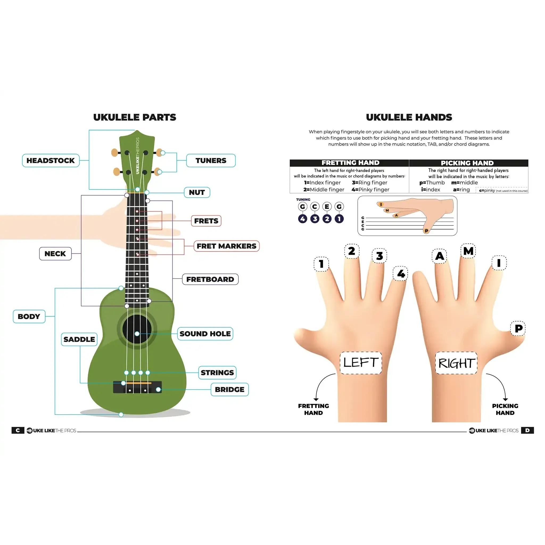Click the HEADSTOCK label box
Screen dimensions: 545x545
pos(51,160)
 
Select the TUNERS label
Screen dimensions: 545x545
pos(211,160)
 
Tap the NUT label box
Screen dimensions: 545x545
pos(197,192)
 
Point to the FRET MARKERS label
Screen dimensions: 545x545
pos(226,246)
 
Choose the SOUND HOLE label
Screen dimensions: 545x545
pos(205,334)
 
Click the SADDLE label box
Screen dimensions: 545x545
pos(79,339)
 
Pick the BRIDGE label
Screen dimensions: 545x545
pos(230,390)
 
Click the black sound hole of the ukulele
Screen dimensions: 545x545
pos(137,329)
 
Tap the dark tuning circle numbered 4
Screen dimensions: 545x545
pos(303,219)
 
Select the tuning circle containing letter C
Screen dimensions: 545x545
pos(315,207)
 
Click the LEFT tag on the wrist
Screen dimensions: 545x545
pos(361,363)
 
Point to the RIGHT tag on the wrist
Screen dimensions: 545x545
pos(456,363)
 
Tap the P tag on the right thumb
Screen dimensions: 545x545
pos(518,328)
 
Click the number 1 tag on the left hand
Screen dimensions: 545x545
pos(321,264)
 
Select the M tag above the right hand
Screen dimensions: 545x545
pos(468,251)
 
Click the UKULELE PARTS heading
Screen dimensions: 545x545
pos(135,117)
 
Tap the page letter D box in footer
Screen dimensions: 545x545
pos(527,431)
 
